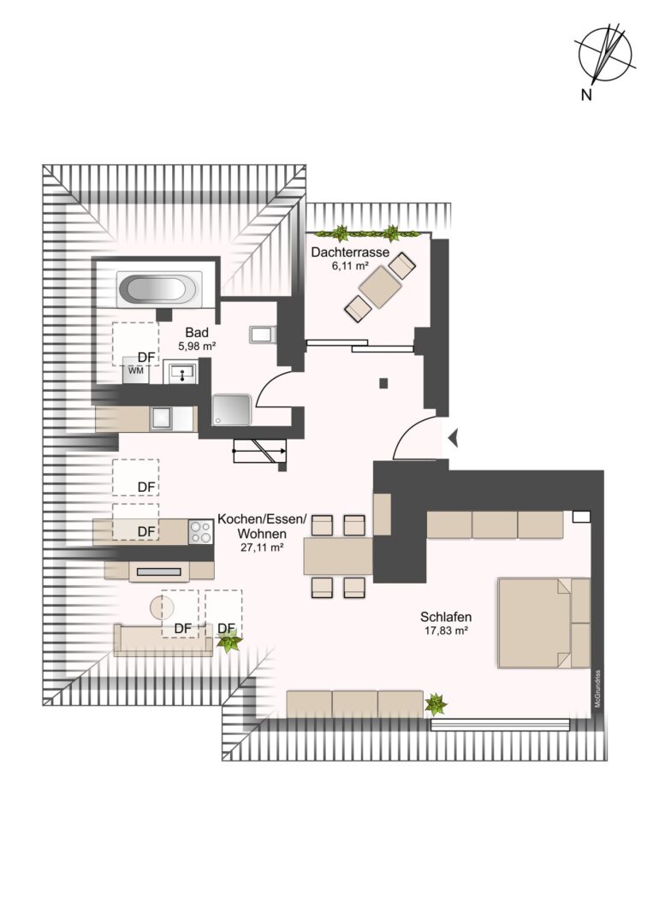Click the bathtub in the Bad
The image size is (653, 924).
click(x=159, y=289)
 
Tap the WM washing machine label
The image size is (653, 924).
click(x=136, y=370)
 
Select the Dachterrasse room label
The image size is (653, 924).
click(x=350, y=252)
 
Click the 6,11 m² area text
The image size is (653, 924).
click(x=350, y=266)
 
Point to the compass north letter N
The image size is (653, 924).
click(x=586, y=95)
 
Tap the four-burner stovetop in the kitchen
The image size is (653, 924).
click(x=200, y=532)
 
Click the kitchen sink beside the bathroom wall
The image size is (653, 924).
click(x=161, y=418)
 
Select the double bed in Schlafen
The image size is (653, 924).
click(x=544, y=623)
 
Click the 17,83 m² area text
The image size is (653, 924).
click(x=446, y=631)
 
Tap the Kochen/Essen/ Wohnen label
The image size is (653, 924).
click(x=262, y=526)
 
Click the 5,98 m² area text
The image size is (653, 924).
click(x=197, y=346)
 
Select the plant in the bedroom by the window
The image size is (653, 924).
click(x=436, y=703)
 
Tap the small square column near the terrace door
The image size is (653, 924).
click(x=383, y=383)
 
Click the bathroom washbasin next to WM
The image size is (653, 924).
click(x=182, y=372)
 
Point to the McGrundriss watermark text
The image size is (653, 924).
click(x=597, y=689)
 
